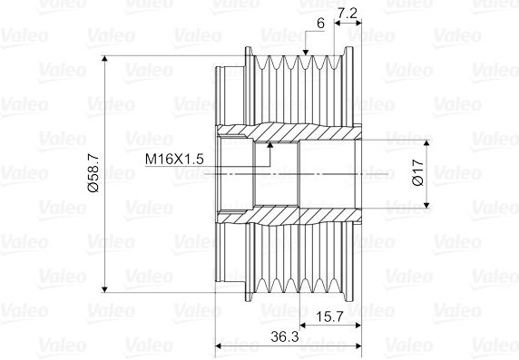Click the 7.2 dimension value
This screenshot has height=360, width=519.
coord(347,14)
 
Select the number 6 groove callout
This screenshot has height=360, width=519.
coord(320,24)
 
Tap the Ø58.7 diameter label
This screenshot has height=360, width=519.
coord(93,172)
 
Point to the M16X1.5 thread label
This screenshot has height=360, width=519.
coord(174,160)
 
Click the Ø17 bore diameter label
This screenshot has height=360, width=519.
coord(418,172)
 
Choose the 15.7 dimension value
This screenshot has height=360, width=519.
coord(329,317)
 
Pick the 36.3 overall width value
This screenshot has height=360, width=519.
coord(285,336)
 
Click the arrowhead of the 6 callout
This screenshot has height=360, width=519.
coord(305,53)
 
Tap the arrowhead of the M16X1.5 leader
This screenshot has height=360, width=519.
coord(270,145)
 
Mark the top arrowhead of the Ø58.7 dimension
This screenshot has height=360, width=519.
coord(104,59)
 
